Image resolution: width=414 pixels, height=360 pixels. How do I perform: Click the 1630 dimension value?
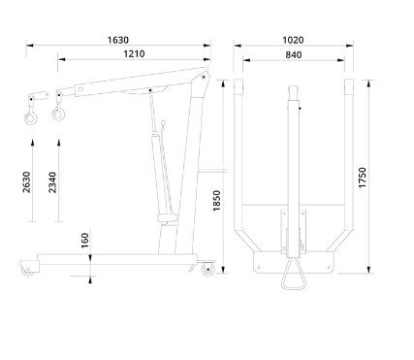click(x=118, y=40)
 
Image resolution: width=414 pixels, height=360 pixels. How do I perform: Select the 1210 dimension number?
click(x=134, y=53)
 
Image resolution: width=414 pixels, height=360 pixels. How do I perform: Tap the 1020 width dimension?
click(x=293, y=40)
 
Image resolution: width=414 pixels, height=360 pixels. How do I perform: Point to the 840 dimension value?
click(x=294, y=55)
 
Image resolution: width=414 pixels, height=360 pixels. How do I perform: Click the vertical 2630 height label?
click(x=26, y=182)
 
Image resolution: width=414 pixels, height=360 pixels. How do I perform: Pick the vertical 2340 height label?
click(x=52, y=182)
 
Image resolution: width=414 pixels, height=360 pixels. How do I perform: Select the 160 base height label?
click(x=84, y=241)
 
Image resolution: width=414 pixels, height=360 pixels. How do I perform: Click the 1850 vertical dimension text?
click(x=216, y=201)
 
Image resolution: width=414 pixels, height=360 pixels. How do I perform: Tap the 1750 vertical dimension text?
click(x=363, y=178)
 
